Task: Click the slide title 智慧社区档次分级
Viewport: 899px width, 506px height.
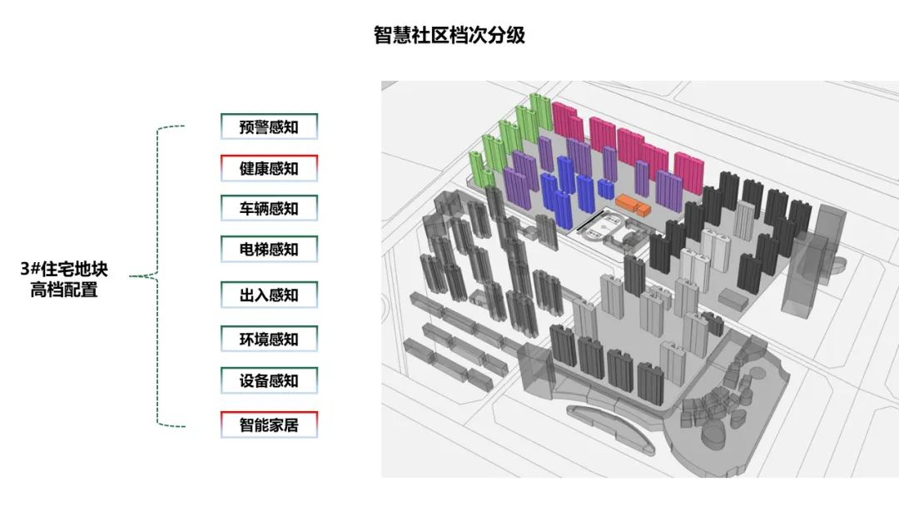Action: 449,36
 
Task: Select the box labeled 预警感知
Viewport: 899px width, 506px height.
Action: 269,127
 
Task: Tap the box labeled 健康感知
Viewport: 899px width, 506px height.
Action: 269,168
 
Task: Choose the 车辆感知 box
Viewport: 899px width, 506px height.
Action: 269,208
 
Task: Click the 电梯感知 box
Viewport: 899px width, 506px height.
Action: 269,249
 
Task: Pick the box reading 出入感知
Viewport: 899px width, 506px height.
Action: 269,295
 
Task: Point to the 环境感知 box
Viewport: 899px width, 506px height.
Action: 269,339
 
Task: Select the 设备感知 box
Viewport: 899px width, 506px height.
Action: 269,380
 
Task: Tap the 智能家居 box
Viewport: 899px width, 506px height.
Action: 269,425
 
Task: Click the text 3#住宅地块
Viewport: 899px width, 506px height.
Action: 65,270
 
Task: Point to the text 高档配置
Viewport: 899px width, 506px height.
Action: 65,290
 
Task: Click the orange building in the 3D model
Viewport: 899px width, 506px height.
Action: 633,203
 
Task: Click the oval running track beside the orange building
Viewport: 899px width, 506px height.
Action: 602,225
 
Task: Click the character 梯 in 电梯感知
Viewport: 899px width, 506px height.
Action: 261,249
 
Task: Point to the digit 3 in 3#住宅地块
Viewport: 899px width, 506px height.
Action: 26,270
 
